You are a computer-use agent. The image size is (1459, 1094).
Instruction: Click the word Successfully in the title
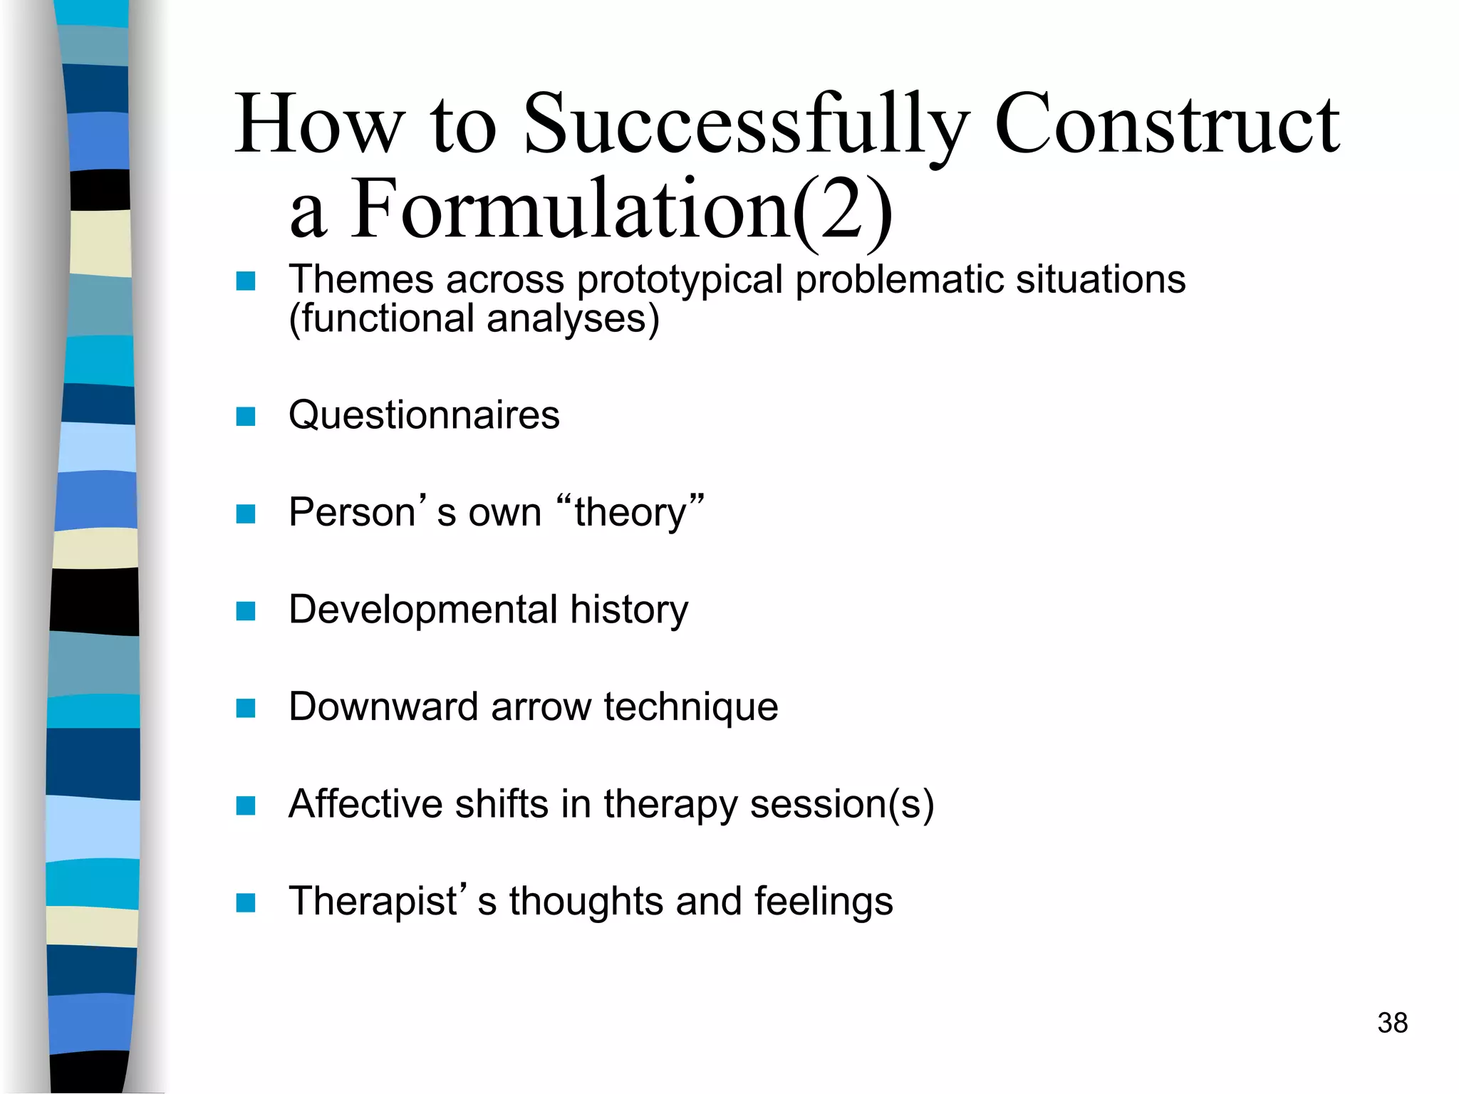(x=744, y=126)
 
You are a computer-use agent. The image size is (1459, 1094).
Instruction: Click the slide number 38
(x=1392, y=1023)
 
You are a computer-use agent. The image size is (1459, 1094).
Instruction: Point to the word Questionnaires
(x=424, y=415)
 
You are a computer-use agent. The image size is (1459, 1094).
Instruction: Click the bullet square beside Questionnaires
(x=246, y=417)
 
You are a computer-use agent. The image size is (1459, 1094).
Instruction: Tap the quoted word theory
(x=630, y=513)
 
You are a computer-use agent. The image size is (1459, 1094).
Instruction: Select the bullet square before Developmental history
(x=246, y=611)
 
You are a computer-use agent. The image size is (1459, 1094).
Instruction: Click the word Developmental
(x=422, y=610)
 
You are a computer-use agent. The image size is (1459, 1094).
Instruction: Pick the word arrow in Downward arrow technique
(x=541, y=707)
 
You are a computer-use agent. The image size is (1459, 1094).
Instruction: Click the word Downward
(x=383, y=707)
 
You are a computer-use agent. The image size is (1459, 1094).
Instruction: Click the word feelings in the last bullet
(x=823, y=902)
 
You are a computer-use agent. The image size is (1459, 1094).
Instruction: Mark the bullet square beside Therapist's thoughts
(x=246, y=903)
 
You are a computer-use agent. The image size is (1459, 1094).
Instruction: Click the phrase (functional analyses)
(x=474, y=318)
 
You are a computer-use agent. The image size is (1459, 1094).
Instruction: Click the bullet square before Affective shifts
(x=246, y=806)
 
